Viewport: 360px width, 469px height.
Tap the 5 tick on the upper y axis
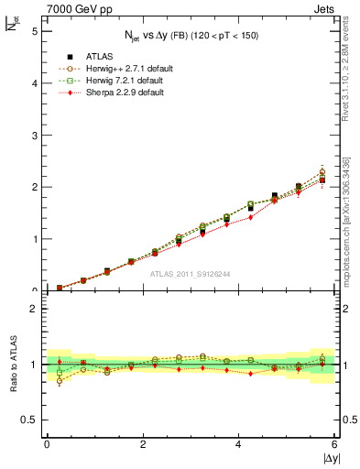[36, 30]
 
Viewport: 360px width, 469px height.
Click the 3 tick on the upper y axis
[36, 135]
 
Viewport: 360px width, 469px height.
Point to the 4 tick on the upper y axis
[36, 82]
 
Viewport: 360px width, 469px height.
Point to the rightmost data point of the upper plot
[322, 180]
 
